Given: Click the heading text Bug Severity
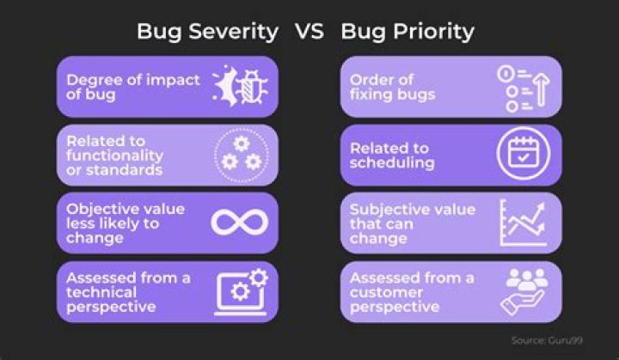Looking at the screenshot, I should click(x=207, y=32).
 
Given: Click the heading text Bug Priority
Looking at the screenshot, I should click(x=408, y=32).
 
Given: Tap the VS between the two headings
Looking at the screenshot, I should click(x=309, y=32).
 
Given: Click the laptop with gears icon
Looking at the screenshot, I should click(x=240, y=291).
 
